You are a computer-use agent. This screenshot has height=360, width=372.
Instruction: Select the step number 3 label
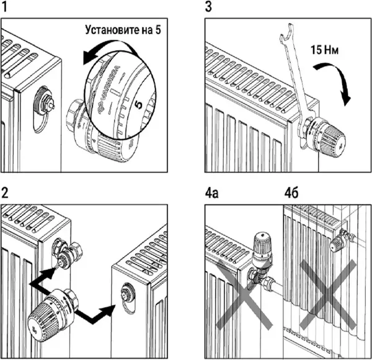(x=208, y=8)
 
